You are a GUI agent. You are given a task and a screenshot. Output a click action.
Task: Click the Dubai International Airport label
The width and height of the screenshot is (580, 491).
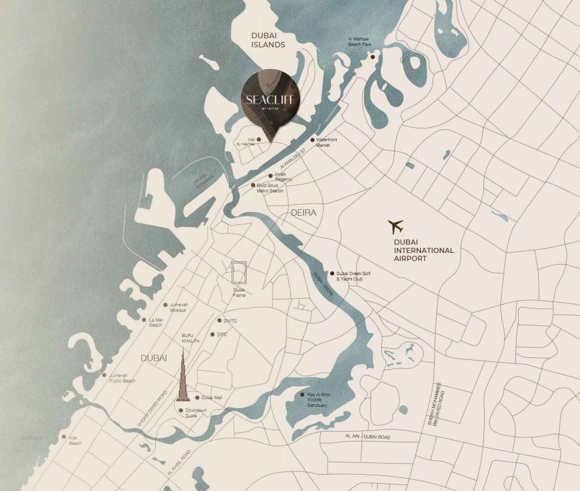coord(423,250)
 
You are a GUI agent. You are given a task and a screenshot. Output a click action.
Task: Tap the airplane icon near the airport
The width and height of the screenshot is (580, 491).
coord(396,227)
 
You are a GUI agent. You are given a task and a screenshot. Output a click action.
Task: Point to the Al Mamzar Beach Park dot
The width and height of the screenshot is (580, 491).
coord(373,57)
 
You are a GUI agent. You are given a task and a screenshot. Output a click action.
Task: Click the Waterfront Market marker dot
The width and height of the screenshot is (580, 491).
coord(313,140)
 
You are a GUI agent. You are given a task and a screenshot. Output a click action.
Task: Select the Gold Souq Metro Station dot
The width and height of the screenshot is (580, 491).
coord(254,185)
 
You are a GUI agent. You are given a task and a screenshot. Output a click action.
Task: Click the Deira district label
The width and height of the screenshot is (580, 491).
coord(303,213)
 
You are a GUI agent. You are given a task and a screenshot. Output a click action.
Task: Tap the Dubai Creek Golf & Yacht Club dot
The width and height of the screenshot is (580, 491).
coord(331,274)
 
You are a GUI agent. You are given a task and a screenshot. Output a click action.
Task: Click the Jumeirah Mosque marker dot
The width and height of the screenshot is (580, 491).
coord(164,305)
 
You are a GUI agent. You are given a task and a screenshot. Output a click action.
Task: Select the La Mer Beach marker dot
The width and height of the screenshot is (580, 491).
coord(144,320)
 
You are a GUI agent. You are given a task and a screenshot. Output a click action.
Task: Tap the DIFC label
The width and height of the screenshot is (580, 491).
coord(222,335)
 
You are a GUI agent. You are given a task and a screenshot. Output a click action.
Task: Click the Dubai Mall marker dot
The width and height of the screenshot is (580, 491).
coord(197,397)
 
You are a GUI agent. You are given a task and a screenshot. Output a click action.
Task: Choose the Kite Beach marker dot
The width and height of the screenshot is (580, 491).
coord(64,438)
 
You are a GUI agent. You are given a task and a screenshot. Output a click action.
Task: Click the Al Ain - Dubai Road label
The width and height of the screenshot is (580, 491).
coord(364,436)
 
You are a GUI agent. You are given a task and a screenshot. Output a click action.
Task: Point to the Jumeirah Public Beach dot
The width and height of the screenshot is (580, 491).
coord(104,375)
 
